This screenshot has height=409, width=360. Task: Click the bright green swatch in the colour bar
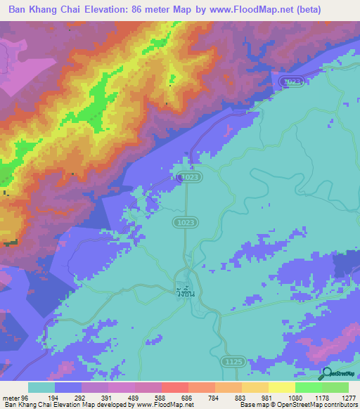coord(308,387)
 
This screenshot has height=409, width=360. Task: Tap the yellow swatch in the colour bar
coord(281,387)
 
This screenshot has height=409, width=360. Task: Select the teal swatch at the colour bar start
coord(41,387)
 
